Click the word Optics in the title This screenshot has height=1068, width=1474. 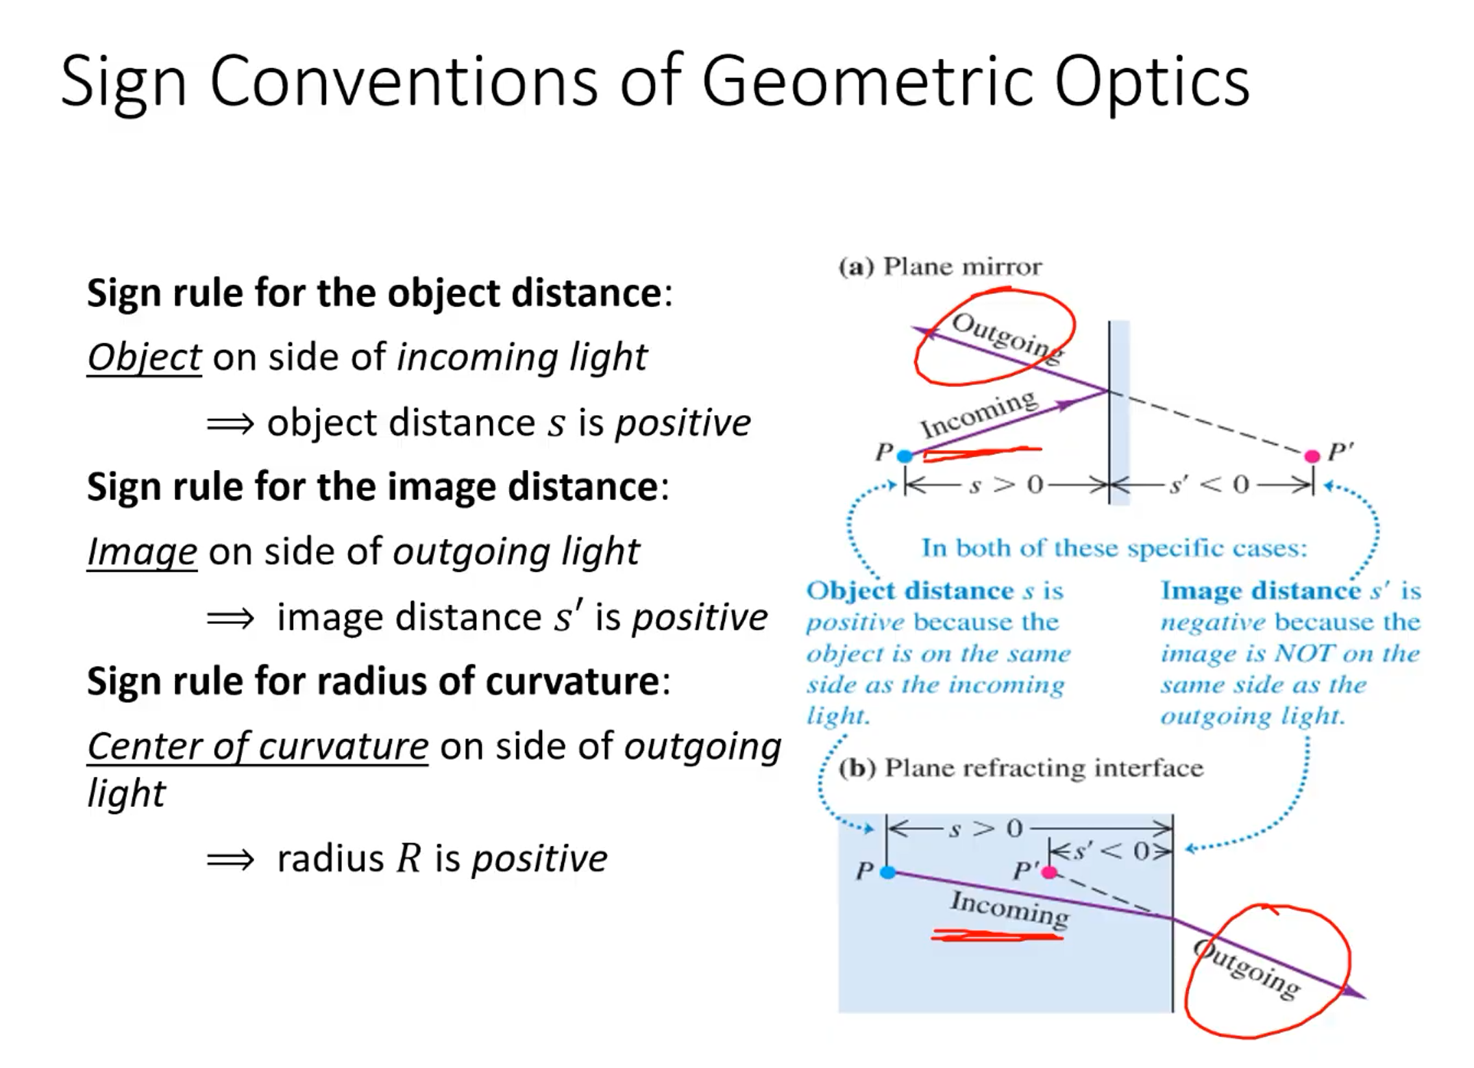(1151, 82)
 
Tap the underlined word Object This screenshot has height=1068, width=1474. (144, 358)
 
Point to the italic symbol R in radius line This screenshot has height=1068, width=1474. (408, 858)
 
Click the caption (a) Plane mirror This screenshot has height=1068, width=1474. (939, 266)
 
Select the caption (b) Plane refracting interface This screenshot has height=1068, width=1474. (1020, 768)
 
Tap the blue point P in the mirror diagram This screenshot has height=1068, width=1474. (905, 456)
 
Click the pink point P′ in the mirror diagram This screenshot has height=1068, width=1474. (1312, 456)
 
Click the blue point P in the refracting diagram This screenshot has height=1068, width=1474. (887, 872)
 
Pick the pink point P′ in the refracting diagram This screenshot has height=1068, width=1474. (1048, 872)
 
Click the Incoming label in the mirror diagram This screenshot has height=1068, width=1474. (978, 413)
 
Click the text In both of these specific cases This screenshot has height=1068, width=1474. (1114, 548)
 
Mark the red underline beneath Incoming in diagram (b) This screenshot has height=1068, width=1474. (997, 935)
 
